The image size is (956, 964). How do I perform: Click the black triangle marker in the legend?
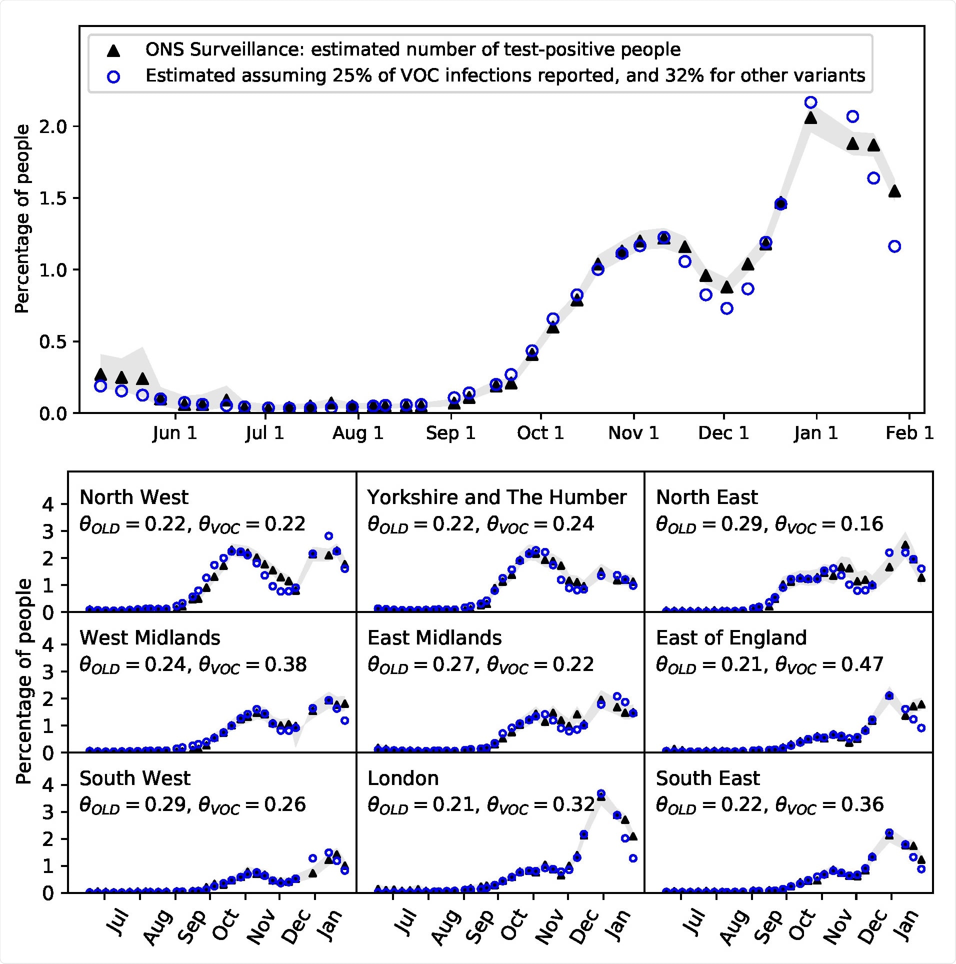click(114, 50)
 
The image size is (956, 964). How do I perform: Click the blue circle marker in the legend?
click(114, 76)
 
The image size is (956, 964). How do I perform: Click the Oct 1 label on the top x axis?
click(540, 433)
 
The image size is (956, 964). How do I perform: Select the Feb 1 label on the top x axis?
click(909, 433)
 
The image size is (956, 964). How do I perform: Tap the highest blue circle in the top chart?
click(810, 102)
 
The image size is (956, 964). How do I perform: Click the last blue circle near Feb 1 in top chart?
click(894, 246)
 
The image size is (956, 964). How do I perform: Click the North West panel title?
click(134, 497)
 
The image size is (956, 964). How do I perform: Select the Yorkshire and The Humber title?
click(496, 497)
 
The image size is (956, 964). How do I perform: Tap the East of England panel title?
click(731, 638)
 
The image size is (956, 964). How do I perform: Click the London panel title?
click(403, 778)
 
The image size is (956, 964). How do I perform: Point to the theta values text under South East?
click(769, 805)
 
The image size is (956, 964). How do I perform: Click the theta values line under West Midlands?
click(192, 665)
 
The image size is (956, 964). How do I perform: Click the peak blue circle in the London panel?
click(601, 793)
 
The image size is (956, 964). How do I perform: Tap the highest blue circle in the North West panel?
click(328, 536)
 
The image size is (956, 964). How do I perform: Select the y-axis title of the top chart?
click(22, 219)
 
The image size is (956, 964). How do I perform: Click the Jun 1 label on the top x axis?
click(174, 433)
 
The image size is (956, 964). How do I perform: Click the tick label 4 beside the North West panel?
click(48, 504)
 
